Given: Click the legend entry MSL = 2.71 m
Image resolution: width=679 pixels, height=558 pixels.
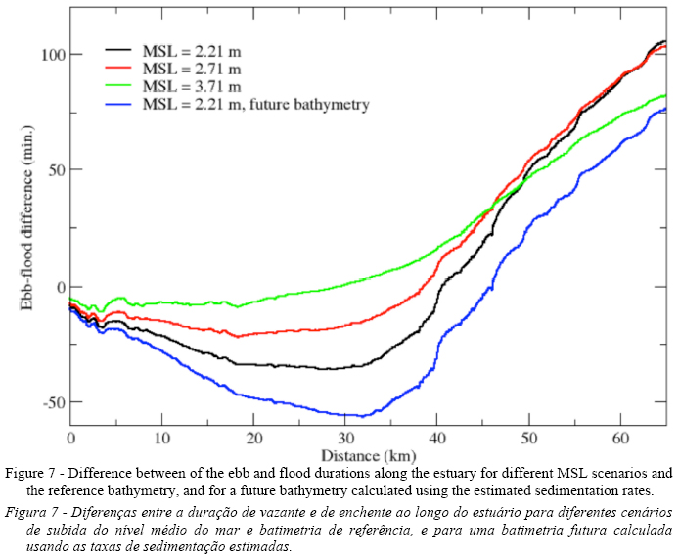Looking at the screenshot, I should (192, 68).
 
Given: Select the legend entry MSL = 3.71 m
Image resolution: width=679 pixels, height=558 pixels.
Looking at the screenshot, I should (192, 86).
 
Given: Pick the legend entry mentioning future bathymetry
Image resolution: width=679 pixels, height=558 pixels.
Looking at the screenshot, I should (255, 104).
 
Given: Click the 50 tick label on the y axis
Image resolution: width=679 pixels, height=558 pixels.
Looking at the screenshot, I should (54, 170).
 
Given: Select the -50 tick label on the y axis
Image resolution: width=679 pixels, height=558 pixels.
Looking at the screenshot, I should (51, 403).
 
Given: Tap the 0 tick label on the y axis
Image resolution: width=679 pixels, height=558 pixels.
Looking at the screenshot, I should (58, 287).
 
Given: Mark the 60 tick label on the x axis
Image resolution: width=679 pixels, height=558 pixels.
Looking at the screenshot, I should (620, 438).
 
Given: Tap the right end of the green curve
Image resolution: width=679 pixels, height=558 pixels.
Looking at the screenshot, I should (665, 95).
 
